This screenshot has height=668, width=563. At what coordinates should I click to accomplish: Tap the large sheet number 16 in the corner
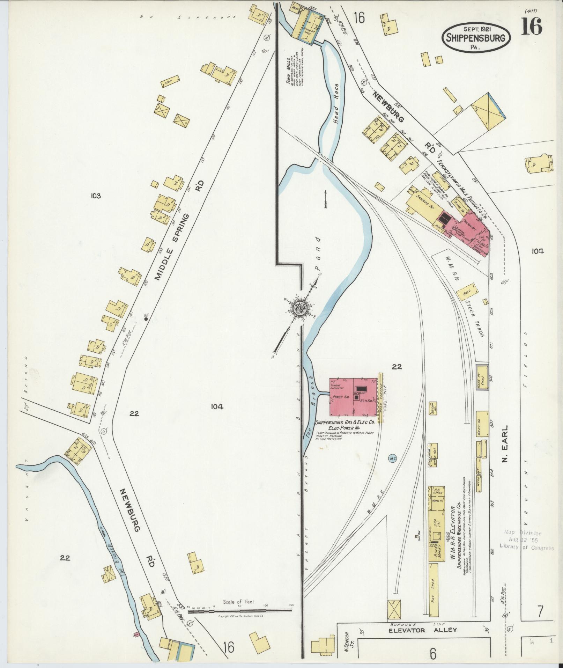(532, 27)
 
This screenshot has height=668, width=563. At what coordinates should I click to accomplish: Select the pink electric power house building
(353, 397)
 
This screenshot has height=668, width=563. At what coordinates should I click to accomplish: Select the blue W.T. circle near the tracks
(391, 458)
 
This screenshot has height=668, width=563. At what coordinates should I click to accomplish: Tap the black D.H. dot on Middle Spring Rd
(146, 318)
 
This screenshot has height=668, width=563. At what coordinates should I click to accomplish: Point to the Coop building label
(170, 81)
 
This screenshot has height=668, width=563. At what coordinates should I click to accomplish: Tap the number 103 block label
(95, 196)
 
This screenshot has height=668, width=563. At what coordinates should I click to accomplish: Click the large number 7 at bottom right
(540, 367)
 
